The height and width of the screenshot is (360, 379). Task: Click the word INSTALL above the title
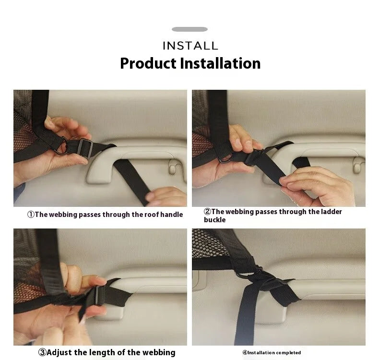[190, 46]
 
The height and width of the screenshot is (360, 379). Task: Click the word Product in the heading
[148, 63]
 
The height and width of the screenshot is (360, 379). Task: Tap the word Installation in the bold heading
[220, 63]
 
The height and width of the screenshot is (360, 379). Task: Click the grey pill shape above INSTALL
[190, 29]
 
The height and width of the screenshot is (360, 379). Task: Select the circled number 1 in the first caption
[31, 215]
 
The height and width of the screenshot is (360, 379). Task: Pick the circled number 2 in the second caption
[208, 212]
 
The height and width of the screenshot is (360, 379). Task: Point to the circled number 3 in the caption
[42, 352]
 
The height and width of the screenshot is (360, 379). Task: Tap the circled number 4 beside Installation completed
[245, 352]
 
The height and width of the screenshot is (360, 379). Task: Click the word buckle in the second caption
[214, 220]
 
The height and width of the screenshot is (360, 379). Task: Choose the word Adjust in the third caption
[59, 353]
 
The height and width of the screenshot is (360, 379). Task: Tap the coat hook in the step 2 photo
[358, 165]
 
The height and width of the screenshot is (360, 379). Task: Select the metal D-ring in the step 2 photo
[226, 160]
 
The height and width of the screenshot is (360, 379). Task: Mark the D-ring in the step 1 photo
[61, 145]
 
